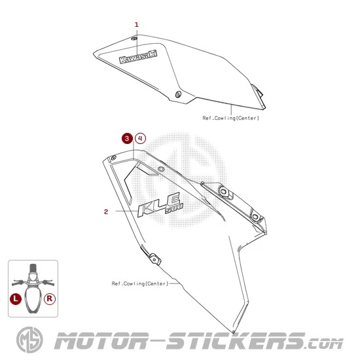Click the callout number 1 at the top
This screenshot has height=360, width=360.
coord(137,25)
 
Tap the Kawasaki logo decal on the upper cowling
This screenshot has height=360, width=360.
coord(138,57)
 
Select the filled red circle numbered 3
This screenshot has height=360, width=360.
coord(127,139)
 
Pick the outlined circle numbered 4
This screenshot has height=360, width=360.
coord(140,139)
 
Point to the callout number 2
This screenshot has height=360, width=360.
coord(106,211)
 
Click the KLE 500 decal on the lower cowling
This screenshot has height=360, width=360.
coord(160,204)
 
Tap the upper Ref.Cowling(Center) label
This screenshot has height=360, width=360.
coord(231,118)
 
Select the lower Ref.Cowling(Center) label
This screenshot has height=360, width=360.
coord(140,283)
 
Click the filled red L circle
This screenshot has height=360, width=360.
coord(16,298)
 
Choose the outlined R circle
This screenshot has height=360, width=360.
coord(50,298)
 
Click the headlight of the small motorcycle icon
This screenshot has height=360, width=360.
coord(33,276)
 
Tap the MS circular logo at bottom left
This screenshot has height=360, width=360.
coord(29,340)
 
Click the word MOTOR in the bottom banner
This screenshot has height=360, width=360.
coord(101,341)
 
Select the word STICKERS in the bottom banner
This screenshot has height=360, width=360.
coord(236,341)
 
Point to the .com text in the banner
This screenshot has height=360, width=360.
coord(324,344)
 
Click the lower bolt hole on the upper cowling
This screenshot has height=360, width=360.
coord(178,94)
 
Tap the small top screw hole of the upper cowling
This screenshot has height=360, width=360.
coord(134,39)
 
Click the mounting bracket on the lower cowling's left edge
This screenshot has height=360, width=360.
coord(154,259)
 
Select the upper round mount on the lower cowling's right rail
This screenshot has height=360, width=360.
coord(224,191)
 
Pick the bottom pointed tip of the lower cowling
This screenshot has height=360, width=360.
coord(234,332)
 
